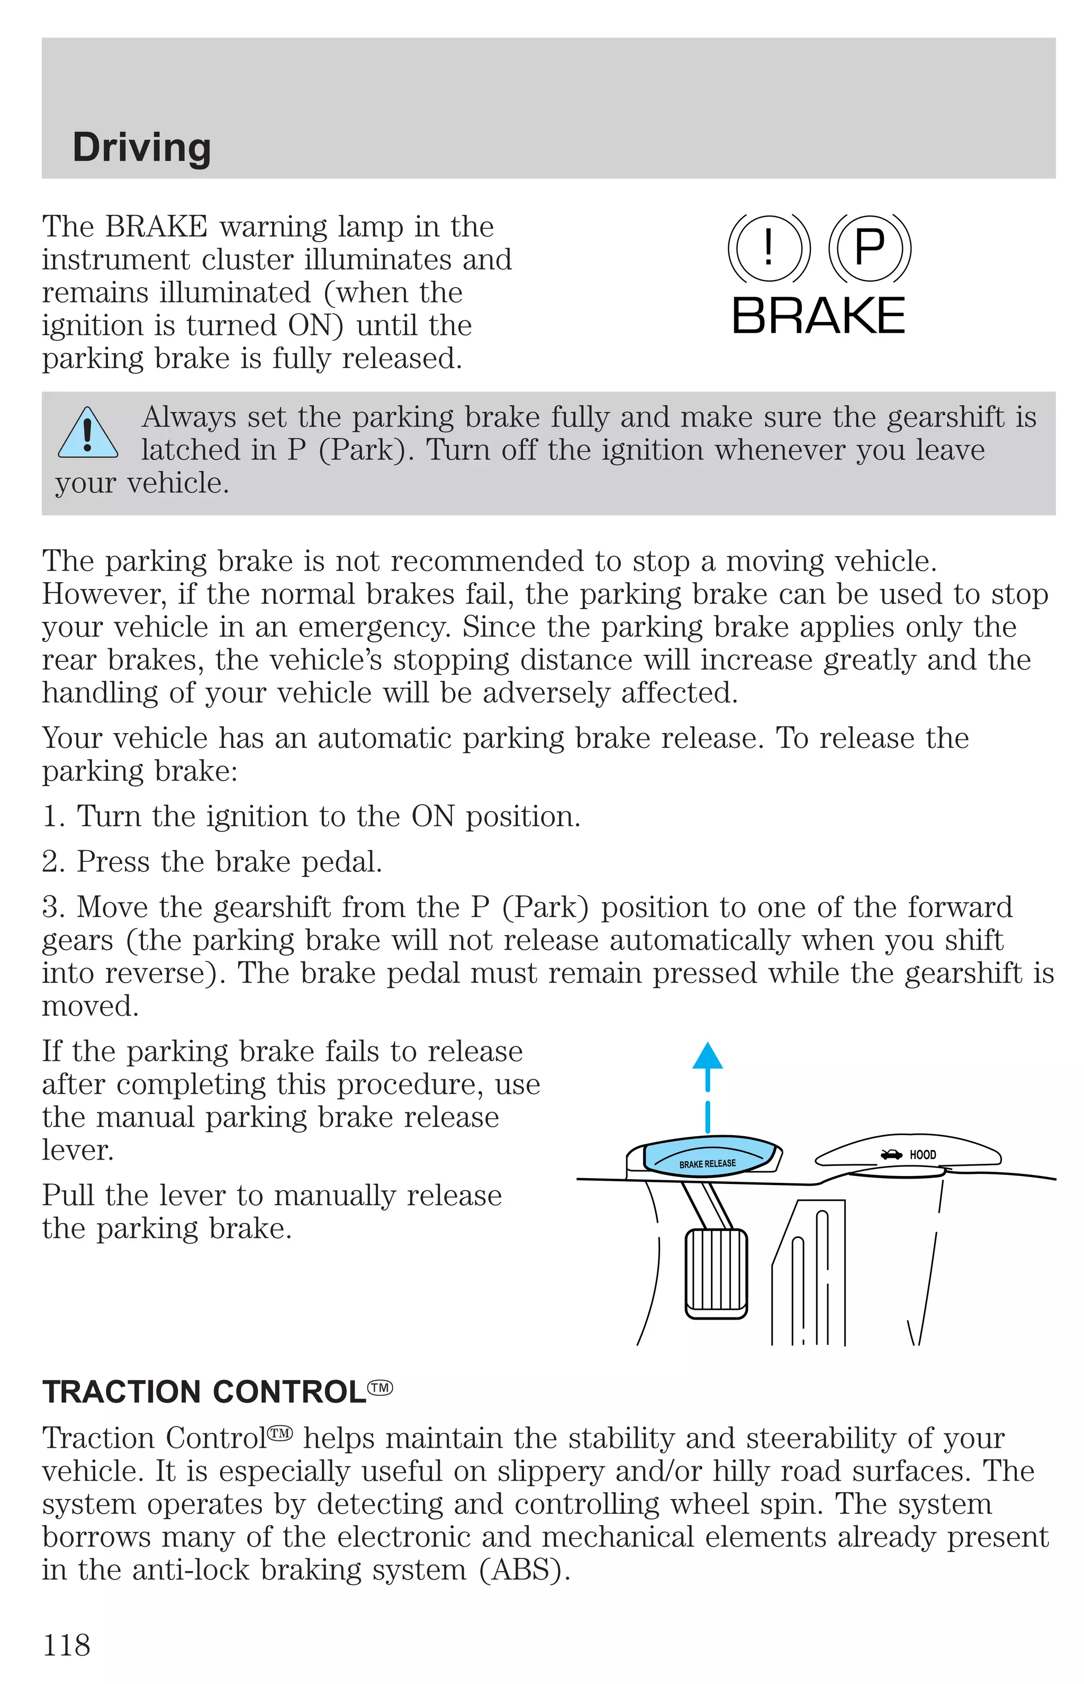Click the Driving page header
point(141,147)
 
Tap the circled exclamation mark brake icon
point(768,248)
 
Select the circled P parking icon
point(869,248)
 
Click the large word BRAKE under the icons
point(818,316)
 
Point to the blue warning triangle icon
point(87,434)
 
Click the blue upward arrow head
point(708,1056)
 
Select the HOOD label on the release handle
point(922,1155)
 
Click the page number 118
point(67,1645)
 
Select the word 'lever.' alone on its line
point(77,1150)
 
